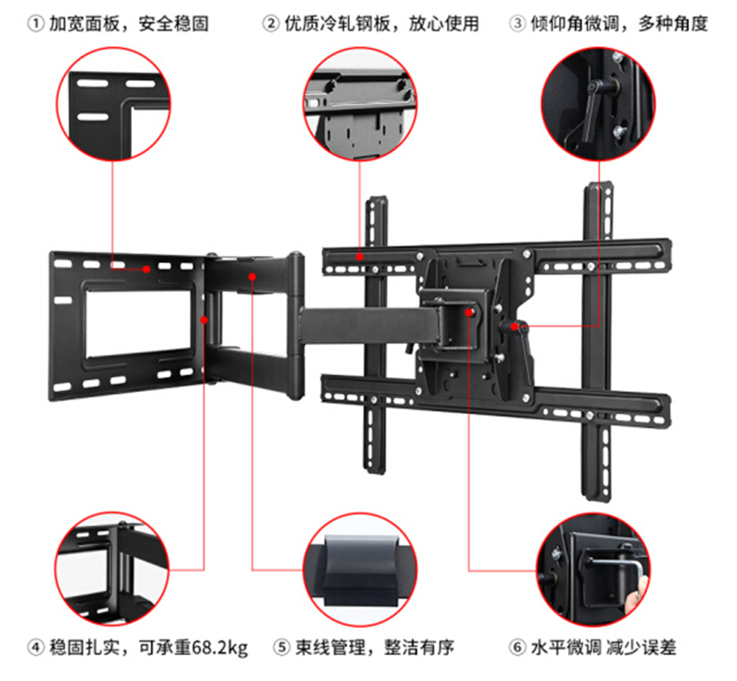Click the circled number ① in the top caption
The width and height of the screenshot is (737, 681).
tap(36, 23)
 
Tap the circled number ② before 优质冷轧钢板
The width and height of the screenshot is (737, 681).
tap(271, 23)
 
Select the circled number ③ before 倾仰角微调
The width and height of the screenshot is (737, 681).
tap(518, 23)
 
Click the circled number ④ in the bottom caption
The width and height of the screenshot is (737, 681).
tap(36, 648)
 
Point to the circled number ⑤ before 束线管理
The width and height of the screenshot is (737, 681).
tap(282, 648)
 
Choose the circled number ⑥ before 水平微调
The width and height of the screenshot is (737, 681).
tap(518, 648)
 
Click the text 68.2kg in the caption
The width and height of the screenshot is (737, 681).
tap(219, 648)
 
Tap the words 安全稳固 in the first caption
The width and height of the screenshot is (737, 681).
tap(173, 24)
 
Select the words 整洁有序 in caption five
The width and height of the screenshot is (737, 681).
tap(419, 648)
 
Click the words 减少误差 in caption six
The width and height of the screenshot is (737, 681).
tap(641, 648)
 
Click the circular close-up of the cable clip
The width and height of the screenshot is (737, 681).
tap(360, 569)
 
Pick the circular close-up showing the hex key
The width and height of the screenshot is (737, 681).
tap(593, 569)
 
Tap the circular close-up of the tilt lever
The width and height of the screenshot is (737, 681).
tap(598, 104)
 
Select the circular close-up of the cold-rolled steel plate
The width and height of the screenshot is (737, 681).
tap(360, 104)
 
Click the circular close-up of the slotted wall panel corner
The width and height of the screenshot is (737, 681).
tap(113, 104)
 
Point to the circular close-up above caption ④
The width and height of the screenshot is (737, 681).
tap(111, 569)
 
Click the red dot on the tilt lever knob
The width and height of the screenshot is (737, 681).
tap(515, 326)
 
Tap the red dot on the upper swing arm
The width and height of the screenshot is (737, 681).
tap(252, 277)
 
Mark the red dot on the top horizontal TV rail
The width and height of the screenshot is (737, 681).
tap(359, 257)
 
